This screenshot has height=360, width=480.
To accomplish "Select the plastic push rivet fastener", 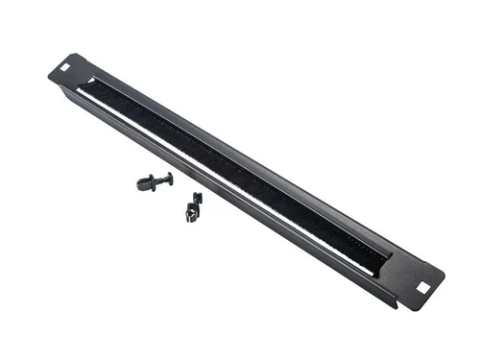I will pos(154,181).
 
